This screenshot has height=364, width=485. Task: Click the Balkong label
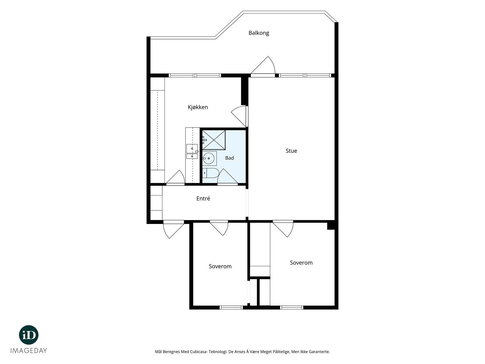click(259, 33)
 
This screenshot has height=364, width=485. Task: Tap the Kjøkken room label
click(198, 107)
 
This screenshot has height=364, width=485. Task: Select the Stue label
click(291, 151)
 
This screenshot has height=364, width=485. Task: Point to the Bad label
click(229, 158)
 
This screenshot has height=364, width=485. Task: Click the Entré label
click(203, 198)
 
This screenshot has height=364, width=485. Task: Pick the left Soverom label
click(220, 266)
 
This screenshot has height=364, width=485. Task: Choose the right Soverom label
click(301, 263)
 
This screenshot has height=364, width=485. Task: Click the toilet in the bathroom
click(211, 173)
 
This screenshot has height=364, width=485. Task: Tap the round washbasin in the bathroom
click(208, 158)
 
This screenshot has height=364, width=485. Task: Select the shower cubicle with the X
click(214, 140)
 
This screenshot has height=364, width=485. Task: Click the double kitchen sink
click(192, 152)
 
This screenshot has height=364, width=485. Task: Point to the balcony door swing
click(263, 65)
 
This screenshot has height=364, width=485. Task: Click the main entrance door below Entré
click(174, 230)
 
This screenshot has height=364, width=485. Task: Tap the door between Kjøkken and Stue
click(239, 116)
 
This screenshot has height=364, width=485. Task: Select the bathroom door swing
click(228, 176)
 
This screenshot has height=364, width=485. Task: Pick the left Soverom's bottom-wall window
click(231, 307)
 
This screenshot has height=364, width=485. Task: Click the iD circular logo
click(29, 335)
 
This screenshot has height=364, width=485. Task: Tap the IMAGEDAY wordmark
click(29, 351)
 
